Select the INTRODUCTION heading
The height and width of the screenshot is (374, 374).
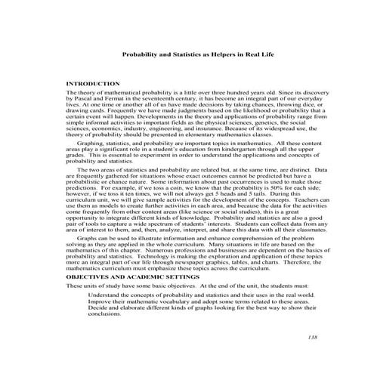pyautogui.click(x=94, y=83)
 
